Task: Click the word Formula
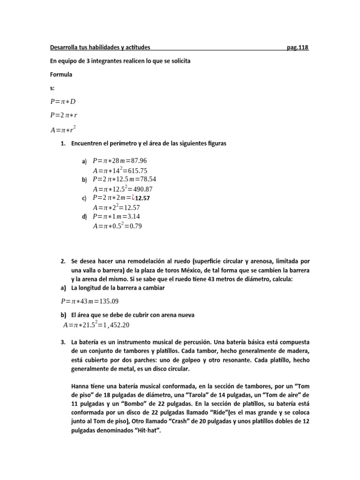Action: click(x=61, y=74)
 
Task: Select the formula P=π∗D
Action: click(x=63, y=102)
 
